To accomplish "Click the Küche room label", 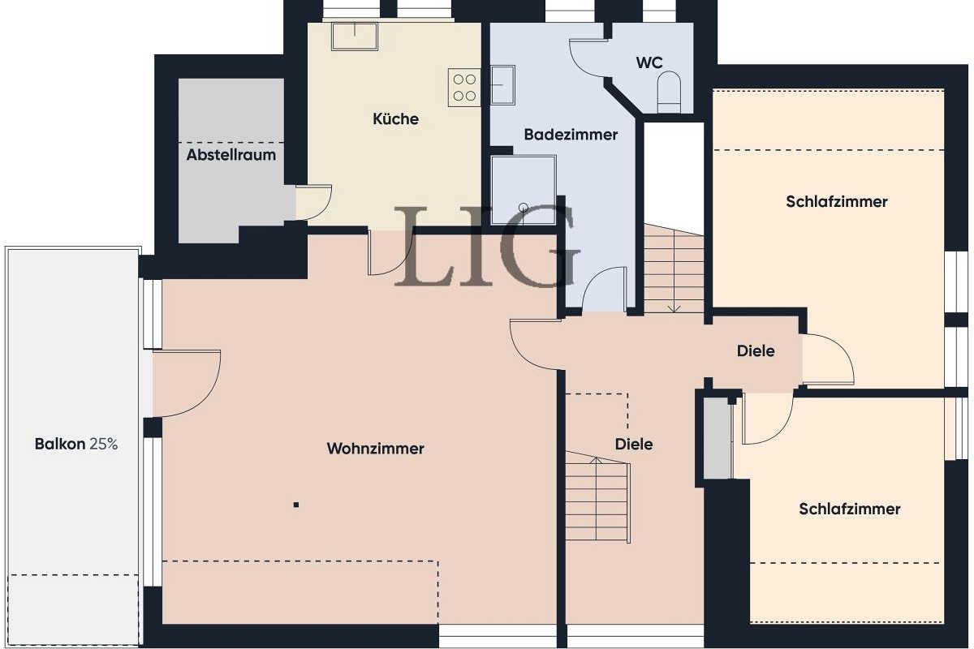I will point(395,119).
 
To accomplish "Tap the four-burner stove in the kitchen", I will point(464,88).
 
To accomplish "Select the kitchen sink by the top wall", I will point(354,37).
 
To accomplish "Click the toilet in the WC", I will point(670,90).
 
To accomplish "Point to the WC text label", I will point(649,62).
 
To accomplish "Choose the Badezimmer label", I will point(570,135).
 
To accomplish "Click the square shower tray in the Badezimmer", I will point(524,189).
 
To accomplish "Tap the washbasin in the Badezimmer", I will point(502,85).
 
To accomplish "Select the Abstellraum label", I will point(231,154).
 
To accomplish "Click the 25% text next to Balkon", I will point(104,444).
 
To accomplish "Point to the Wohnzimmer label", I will point(375,449).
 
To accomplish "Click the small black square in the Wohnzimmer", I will point(296,505).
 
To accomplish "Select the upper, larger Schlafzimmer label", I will point(836,201).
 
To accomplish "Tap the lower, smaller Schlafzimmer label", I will point(849,509).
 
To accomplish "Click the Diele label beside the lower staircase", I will point(633,444).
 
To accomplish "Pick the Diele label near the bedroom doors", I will point(755,351).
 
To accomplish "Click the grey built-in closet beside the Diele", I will point(718,438).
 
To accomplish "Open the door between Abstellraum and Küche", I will point(315,201).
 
